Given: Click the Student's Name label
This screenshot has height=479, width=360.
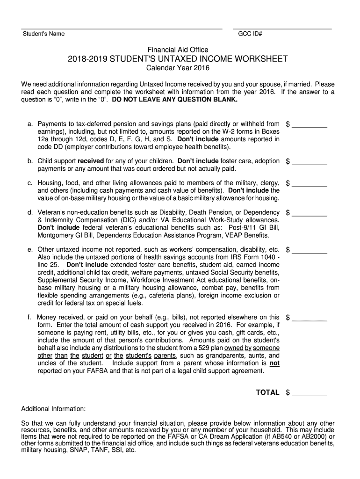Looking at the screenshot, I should [43, 34].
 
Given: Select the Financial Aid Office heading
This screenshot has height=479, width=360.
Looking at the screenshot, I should [178, 50].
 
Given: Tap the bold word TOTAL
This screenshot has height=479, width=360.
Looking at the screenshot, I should [267, 392].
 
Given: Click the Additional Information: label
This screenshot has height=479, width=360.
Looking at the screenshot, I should [53, 408].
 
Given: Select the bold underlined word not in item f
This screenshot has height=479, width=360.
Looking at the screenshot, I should [275, 363].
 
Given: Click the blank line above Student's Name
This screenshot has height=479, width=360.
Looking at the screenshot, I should [122, 29].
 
